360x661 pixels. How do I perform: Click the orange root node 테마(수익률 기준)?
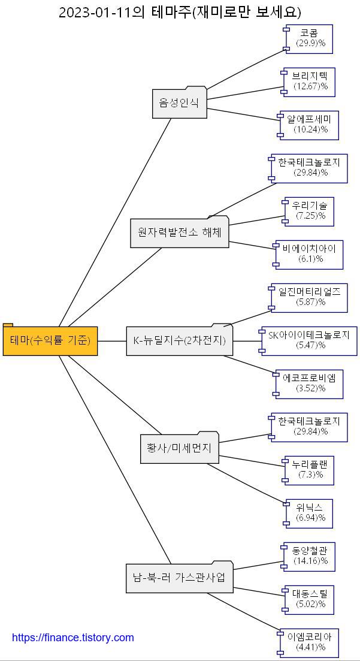pos(50,341)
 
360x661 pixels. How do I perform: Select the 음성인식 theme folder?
pos(179,103)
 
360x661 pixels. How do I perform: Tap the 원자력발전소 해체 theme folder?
pos(180,233)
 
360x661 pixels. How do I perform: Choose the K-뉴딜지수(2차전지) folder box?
pos(179,341)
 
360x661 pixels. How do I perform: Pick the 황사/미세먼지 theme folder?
pos(179,448)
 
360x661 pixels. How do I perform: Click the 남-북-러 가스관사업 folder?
pos(179,578)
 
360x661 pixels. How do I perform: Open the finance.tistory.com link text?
pos(73,638)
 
